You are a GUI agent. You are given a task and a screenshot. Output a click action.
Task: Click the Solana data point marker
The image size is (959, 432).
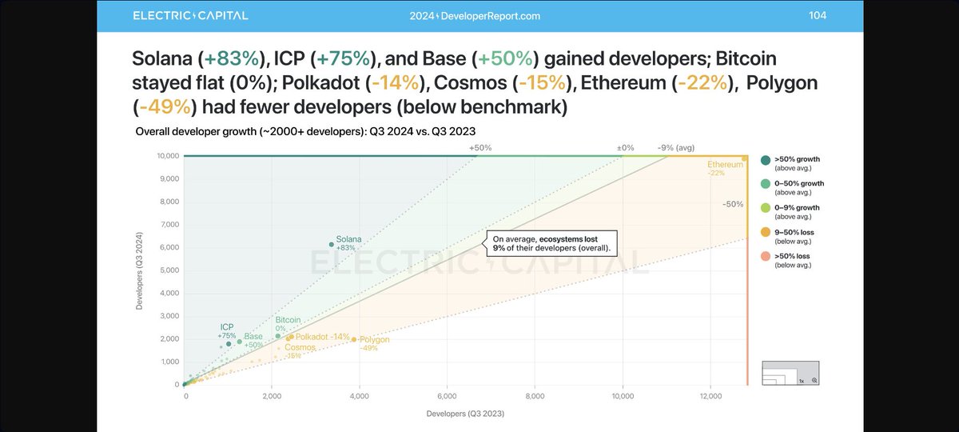[331, 244]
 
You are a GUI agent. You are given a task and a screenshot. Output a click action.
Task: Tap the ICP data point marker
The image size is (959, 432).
[229, 344]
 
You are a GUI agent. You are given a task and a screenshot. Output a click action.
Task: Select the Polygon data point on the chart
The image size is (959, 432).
[354, 339]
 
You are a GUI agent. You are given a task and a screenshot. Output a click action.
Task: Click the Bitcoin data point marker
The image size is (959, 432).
[277, 336]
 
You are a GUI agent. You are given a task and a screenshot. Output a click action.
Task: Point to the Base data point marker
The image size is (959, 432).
[239, 342]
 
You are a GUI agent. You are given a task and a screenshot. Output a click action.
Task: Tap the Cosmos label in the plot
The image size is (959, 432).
[300, 347]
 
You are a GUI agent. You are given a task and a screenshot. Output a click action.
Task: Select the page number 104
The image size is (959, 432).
[818, 15]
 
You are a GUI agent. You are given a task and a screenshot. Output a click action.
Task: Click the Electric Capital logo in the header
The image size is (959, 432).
[190, 15]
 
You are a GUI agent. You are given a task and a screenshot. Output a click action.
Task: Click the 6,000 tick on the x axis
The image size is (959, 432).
[448, 396]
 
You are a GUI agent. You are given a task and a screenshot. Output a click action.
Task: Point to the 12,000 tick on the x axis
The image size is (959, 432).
[710, 396]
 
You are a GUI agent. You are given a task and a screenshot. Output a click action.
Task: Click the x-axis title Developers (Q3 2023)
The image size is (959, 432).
[465, 414]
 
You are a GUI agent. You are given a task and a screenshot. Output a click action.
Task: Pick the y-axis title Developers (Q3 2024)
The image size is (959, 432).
[141, 270]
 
